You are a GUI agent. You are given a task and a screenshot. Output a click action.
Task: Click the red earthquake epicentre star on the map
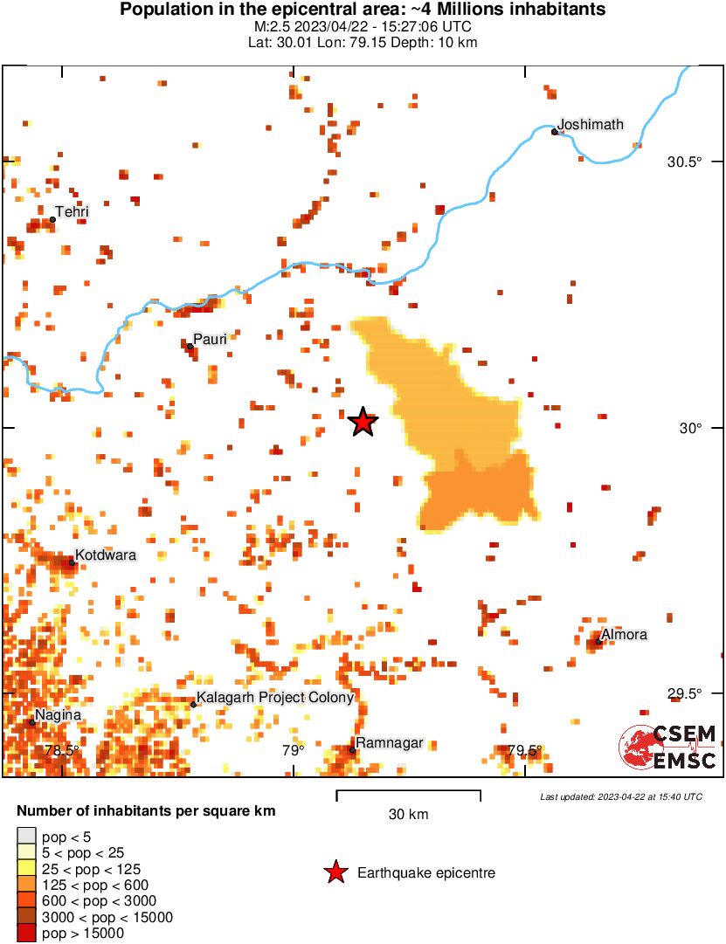click(x=363, y=423)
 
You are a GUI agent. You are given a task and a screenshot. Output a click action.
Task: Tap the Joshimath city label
click(x=591, y=124)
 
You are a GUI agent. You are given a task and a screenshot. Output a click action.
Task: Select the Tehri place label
click(x=72, y=211)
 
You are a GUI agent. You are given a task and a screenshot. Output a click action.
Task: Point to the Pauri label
click(x=210, y=338)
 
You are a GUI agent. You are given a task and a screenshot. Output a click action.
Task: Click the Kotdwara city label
click(x=105, y=555)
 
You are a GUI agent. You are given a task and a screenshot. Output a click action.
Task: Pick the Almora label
click(x=624, y=634)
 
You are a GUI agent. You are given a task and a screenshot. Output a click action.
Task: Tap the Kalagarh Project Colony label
click(x=275, y=697)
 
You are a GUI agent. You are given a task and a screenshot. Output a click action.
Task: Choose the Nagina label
click(x=59, y=714)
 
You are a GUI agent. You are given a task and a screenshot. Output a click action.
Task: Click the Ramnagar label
click(x=391, y=743)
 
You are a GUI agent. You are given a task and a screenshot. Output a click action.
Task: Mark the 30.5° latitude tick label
click(x=685, y=162)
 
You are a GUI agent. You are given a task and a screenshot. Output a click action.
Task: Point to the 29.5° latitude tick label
click(x=685, y=694)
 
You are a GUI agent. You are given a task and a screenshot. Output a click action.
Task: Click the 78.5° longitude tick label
click(x=61, y=750)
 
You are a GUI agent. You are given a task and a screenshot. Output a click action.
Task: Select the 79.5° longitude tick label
click(x=525, y=750)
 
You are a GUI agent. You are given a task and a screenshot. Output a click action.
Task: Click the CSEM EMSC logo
click(x=668, y=747)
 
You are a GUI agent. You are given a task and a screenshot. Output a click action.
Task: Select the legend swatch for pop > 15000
click(x=26, y=934)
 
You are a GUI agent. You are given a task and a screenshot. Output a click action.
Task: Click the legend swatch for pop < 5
click(x=26, y=836)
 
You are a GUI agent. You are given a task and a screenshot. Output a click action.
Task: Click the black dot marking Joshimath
click(x=555, y=132)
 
